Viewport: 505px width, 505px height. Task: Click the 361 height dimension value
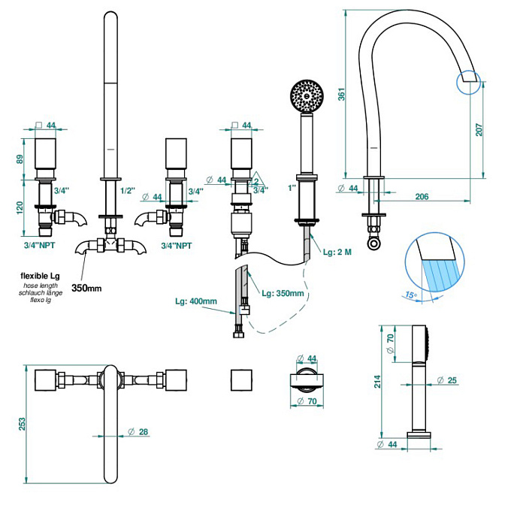point(341,94)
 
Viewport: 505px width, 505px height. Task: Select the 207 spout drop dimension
point(479,129)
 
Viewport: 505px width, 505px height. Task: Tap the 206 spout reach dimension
point(422,196)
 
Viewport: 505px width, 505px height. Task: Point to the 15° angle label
point(411,295)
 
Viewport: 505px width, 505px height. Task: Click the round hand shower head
point(307,95)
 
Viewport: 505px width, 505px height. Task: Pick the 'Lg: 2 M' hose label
point(337,252)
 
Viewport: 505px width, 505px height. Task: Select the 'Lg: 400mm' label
point(196,301)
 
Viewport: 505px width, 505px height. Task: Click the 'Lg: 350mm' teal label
point(283,293)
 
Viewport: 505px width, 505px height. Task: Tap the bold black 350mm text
point(86,288)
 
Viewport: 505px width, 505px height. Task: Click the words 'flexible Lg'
point(40,276)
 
